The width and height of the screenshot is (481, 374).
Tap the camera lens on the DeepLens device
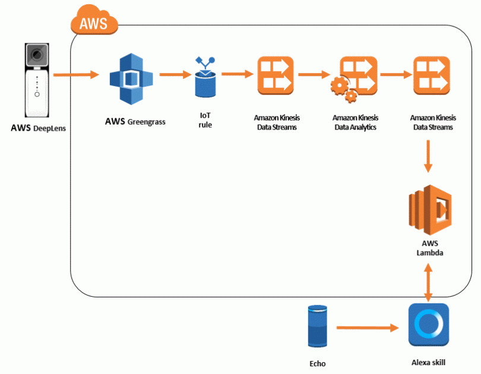point(37,56)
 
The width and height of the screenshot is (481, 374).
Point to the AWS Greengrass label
point(135,122)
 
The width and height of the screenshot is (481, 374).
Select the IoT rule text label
point(205,121)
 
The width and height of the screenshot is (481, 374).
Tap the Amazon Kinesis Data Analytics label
point(355,122)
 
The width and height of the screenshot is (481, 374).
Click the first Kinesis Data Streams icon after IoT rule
point(275,75)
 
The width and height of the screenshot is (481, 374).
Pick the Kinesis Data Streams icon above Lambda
point(431,75)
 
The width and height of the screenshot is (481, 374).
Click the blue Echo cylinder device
point(317,326)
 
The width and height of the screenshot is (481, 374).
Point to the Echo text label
point(318,364)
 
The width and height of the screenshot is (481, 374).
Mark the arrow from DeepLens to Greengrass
point(75,75)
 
